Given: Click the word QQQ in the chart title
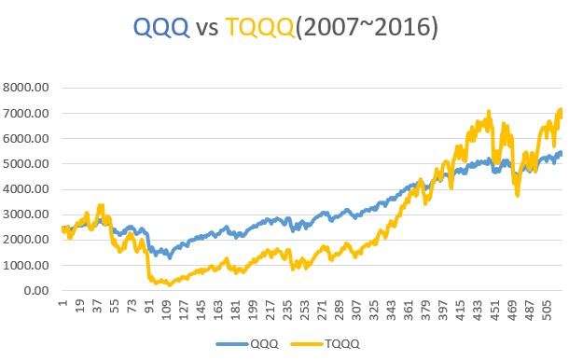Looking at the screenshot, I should [x=161, y=29].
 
